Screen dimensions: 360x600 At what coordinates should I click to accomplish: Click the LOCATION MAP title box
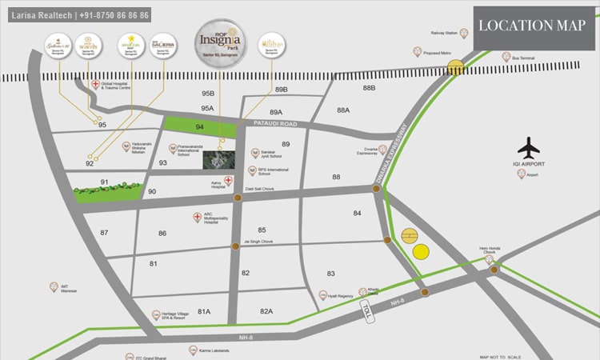point(532,26)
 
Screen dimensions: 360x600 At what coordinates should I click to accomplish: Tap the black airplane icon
point(529,149)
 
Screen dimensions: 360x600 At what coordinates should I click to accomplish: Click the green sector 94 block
point(201,126)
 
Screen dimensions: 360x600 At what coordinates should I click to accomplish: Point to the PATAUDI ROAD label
point(275,124)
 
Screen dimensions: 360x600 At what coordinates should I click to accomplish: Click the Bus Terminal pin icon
point(506,57)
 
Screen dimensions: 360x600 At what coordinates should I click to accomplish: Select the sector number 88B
point(369,88)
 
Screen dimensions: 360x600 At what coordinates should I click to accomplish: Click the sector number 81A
point(204,310)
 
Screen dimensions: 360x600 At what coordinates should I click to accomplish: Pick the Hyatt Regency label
point(340,296)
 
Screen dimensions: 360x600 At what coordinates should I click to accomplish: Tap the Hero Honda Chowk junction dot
point(494,270)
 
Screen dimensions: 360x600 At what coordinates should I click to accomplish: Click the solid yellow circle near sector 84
point(421,252)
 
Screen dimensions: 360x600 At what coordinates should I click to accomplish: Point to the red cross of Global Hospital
point(95,84)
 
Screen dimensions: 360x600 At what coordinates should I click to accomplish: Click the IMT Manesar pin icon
point(54,286)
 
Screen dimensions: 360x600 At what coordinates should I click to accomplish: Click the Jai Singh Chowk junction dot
point(235,246)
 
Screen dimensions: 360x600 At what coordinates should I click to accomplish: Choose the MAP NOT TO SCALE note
point(500,357)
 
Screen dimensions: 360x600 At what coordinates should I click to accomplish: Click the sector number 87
point(104,232)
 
